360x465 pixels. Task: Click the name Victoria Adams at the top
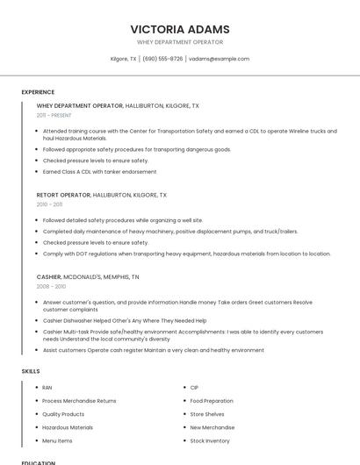click(x=180, y=29)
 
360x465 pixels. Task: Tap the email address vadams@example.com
click(x=219, y=59)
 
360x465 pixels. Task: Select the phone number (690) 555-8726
click(x=162, y=59)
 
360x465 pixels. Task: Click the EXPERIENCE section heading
click(x=38, y=92)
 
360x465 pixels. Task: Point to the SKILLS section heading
click(x=31, y=371)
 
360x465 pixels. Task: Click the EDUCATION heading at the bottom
click(x=39, y=461)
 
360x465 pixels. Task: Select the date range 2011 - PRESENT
click(x=54, y=115)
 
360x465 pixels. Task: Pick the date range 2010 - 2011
click(x=49, y=204)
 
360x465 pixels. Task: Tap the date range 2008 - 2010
click(x=51, y=286)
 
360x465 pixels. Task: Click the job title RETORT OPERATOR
click(x=63, y=195)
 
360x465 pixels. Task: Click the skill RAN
click(x=47, y=387)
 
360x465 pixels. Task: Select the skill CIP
click(x=194, y=387)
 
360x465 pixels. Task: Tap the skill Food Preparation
click(x=212, y=400)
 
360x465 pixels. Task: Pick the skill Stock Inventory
click(x=210, y=440)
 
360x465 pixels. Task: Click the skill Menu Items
click(x=57, y=440)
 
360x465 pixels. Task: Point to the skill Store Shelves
click(x=207, y=414)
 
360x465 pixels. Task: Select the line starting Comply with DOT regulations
click(x=186, y=254)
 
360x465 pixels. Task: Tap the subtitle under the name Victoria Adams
click(x=180, y=42)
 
